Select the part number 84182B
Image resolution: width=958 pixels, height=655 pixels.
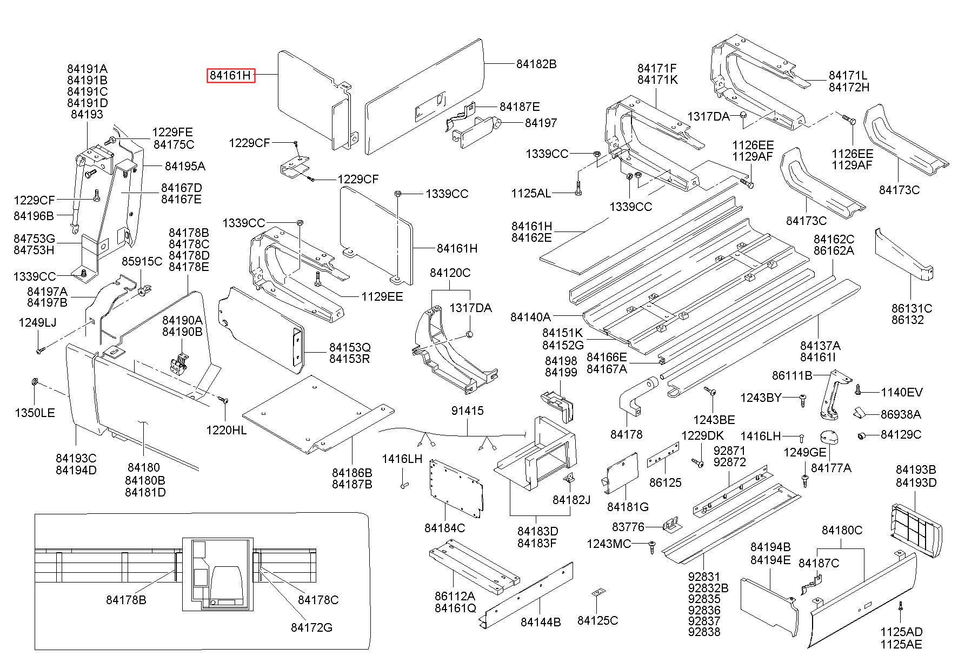point(536,64)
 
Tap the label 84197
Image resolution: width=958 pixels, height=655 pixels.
point(541,123)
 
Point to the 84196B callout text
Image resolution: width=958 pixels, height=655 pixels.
point(34,216)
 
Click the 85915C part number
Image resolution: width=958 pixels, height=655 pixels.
point(142,262)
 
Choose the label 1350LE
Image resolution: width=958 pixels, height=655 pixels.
point(35,413)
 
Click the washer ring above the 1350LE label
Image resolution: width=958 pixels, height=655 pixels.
point(35,383)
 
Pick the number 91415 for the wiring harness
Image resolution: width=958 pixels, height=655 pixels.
point(468,411)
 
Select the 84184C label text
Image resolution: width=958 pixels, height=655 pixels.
point(444,528)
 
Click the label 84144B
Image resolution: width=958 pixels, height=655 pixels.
point(541,622)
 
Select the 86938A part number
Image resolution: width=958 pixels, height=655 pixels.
point(901,415)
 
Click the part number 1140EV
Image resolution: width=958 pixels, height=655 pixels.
point(902,393)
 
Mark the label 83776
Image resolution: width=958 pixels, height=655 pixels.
point(628,527)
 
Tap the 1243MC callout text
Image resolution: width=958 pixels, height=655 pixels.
point(609,544)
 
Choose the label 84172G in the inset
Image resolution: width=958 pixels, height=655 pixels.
point(311,627)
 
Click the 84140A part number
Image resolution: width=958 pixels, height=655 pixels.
point(530,317)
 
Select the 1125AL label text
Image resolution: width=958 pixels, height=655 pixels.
point(531,193)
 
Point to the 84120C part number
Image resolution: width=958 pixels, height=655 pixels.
point(450,273)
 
